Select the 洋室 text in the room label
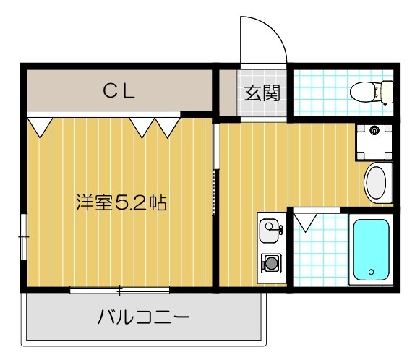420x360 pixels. tap(95, 202)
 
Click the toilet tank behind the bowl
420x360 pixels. tap(387, 92)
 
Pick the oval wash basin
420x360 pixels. tap(377, 184)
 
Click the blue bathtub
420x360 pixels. tap(371, 249)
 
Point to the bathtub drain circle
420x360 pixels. tap(371, 273)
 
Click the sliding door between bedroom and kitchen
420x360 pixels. tap(215, 170)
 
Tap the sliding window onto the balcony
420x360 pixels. tap(120, 290)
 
